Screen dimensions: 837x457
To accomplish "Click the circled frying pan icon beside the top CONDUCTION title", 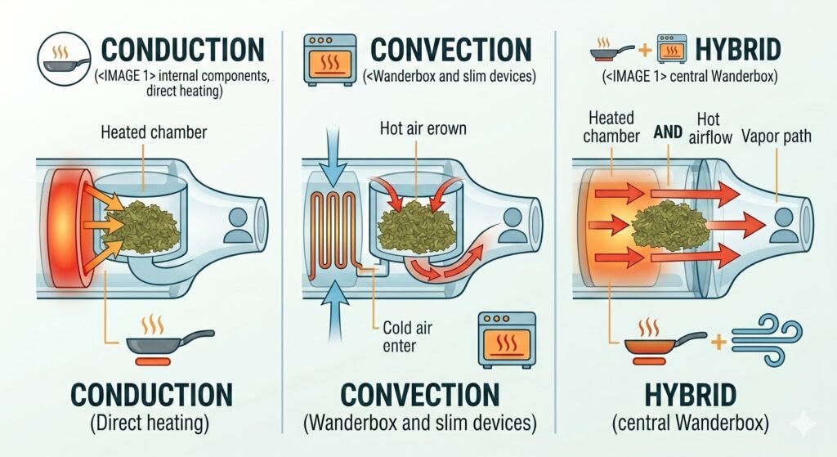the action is coord(64,59).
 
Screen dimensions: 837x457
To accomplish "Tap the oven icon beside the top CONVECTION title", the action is coord(329,60).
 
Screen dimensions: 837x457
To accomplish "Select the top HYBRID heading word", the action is coord(738,50).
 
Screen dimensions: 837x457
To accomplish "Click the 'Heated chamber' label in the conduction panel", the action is coord(154,132).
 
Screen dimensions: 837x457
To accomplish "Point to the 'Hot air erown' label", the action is coord(423,128).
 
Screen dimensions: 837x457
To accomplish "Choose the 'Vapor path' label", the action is coord(777,137).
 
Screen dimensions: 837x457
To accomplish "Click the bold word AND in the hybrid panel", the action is coord(668,132).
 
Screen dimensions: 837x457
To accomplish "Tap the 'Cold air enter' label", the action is coord(407,336).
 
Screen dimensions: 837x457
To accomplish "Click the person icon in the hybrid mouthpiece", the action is coord(784,224).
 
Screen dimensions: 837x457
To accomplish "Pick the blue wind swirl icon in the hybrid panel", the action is coord(767,339).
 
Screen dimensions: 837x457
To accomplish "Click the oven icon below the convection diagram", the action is coord(506,340).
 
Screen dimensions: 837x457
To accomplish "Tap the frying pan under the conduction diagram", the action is coord(170,342).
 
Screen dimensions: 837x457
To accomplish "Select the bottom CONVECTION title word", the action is coord(419,395).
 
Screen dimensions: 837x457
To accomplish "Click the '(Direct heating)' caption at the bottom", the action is coord(150,424).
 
